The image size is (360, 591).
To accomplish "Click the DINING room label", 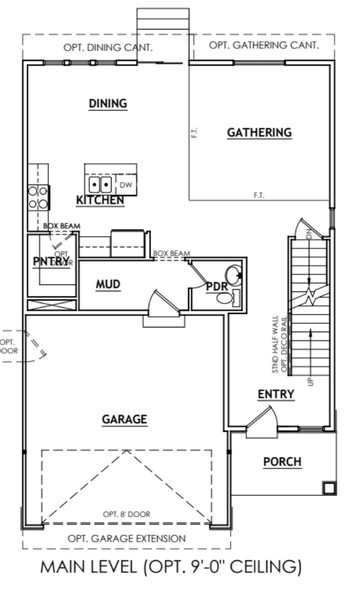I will click(107, 104).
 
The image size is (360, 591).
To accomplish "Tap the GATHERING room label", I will click(259, 133).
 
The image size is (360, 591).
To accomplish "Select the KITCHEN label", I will click(100, 201).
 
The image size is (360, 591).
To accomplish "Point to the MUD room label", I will click(108, 284).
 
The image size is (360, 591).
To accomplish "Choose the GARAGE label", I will click(124, 419).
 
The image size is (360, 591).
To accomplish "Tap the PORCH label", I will click(282, 462).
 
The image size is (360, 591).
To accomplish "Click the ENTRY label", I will click(276, 395).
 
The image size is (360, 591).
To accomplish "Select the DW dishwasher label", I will click(126, 185).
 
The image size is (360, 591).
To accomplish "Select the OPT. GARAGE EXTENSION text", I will click(127, 538).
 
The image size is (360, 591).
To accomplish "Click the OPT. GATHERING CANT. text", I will click(264, 45).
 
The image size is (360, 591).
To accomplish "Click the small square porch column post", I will click(329, 488).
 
